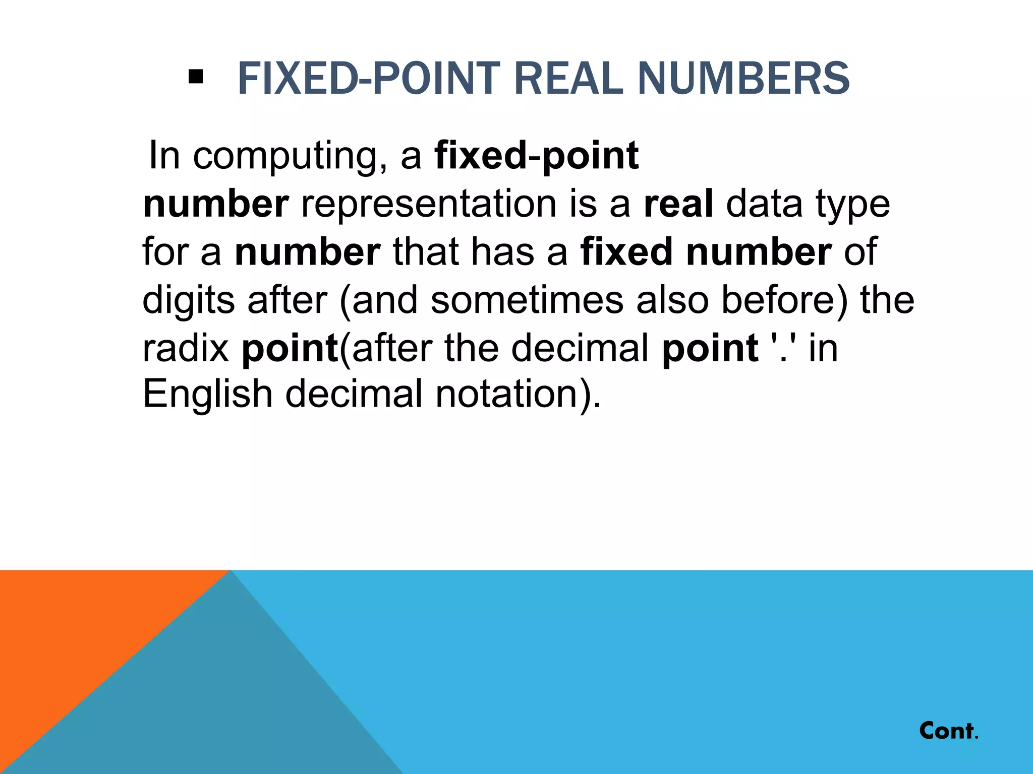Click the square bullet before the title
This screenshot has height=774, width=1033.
(x=195, y=77)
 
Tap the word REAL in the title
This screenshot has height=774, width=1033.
(x=568, y=78)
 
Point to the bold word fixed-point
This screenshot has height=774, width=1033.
(x=537, y=156)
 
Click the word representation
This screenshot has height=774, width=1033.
(x=429, y=204)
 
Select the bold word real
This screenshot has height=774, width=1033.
(x=678, y=204)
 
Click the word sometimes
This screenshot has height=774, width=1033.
(x=527, y=300)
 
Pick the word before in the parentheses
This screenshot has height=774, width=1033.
(x=784, y=300)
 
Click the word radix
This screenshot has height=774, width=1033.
(x=186, y=348)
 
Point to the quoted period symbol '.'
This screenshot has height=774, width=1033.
(x=783, y=347)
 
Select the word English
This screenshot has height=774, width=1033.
(x=207, y=394)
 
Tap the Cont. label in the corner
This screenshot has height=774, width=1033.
(x=948, y=731)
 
